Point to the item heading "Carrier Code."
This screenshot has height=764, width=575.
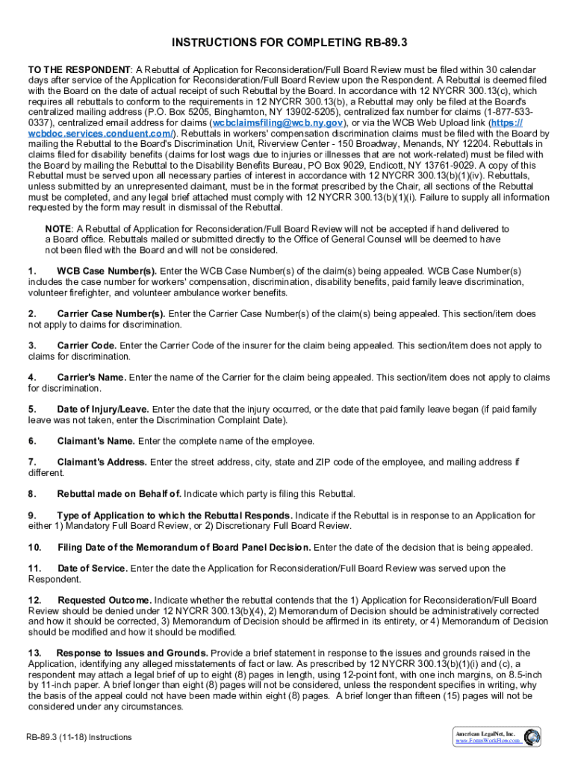[x=87, y=345]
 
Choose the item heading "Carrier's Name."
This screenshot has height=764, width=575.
[x=92, y=378]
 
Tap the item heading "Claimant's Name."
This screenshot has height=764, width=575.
[x=96, y=441]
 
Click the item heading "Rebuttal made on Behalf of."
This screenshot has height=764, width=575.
[x=119, y=494]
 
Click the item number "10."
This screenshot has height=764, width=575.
[x=35, y=548]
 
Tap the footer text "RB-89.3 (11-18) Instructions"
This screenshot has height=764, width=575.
[x=78, y=737]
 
